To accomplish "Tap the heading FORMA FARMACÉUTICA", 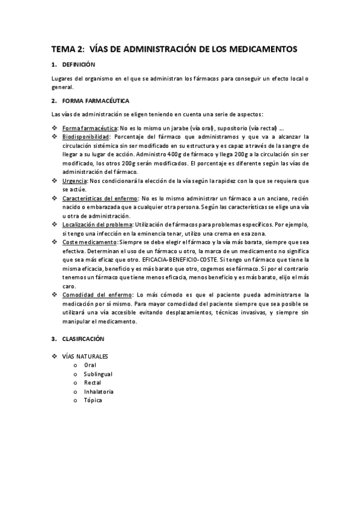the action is (x=96, y=100).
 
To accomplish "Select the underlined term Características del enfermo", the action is (x=100, y=198).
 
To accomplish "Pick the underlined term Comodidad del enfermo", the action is (x=97, y=295).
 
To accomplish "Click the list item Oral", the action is (x=90, y=364).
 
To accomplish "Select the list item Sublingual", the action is (x=98, y=373).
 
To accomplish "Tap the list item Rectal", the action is (x=93, y=382).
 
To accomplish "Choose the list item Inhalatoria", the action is (x=99, y=392).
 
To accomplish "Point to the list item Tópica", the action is (x=93, y=401).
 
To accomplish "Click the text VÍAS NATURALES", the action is (x=86, y=356).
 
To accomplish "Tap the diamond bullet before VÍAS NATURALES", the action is (x=55, y=356).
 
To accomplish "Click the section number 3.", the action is (x=53, y=339).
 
